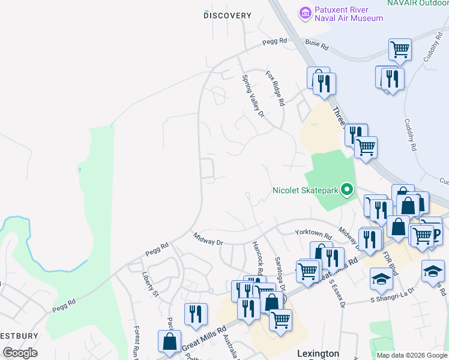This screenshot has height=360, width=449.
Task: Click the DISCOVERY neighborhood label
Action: tap(227, 16)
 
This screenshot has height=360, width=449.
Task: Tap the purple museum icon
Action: tap(306, 12)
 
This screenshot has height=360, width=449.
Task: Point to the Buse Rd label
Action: tap(317, 45)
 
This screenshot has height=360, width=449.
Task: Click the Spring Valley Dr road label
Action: tap(253, 95)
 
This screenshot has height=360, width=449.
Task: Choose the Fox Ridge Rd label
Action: tap(275, 88)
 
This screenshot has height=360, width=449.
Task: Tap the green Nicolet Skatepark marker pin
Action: tap(346, 190)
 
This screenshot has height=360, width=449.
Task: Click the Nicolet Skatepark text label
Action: tap(305, 191)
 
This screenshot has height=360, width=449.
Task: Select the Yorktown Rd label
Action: tap(313, 233)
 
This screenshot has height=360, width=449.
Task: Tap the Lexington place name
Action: tap(318, 354)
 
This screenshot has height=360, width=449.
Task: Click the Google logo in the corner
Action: tap(20, 353)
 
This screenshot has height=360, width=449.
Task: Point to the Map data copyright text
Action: tap(411, 355)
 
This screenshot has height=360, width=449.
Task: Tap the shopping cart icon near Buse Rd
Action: tap(399, 49)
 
